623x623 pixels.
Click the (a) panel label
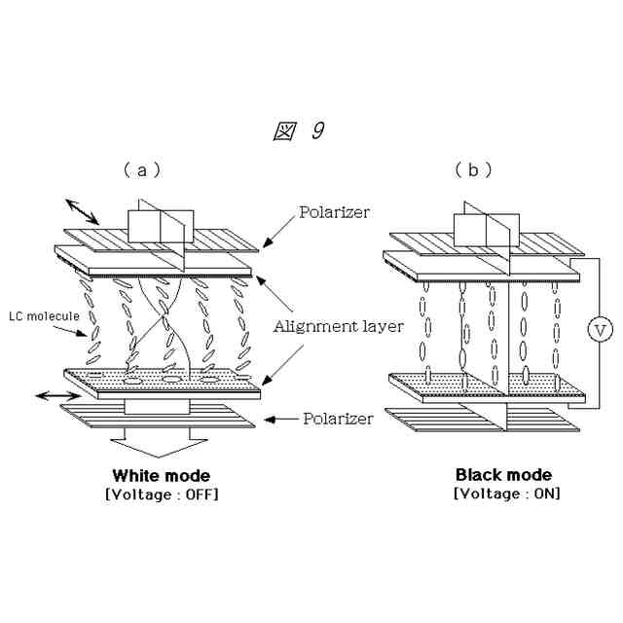coord(141,169)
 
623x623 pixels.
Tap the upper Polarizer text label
coord(334,211)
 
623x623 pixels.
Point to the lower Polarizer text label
coord(338,419)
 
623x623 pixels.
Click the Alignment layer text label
coord(338,326)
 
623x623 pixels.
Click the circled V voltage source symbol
coord(602,331)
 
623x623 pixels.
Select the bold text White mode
coord(161,476)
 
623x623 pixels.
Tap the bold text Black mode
coord(503,475)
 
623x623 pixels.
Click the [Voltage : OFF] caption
coord(161,495)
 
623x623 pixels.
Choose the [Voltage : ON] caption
coord(506,494)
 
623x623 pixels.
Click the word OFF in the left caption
coord(200,495)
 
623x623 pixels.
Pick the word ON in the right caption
coord(545,494)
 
